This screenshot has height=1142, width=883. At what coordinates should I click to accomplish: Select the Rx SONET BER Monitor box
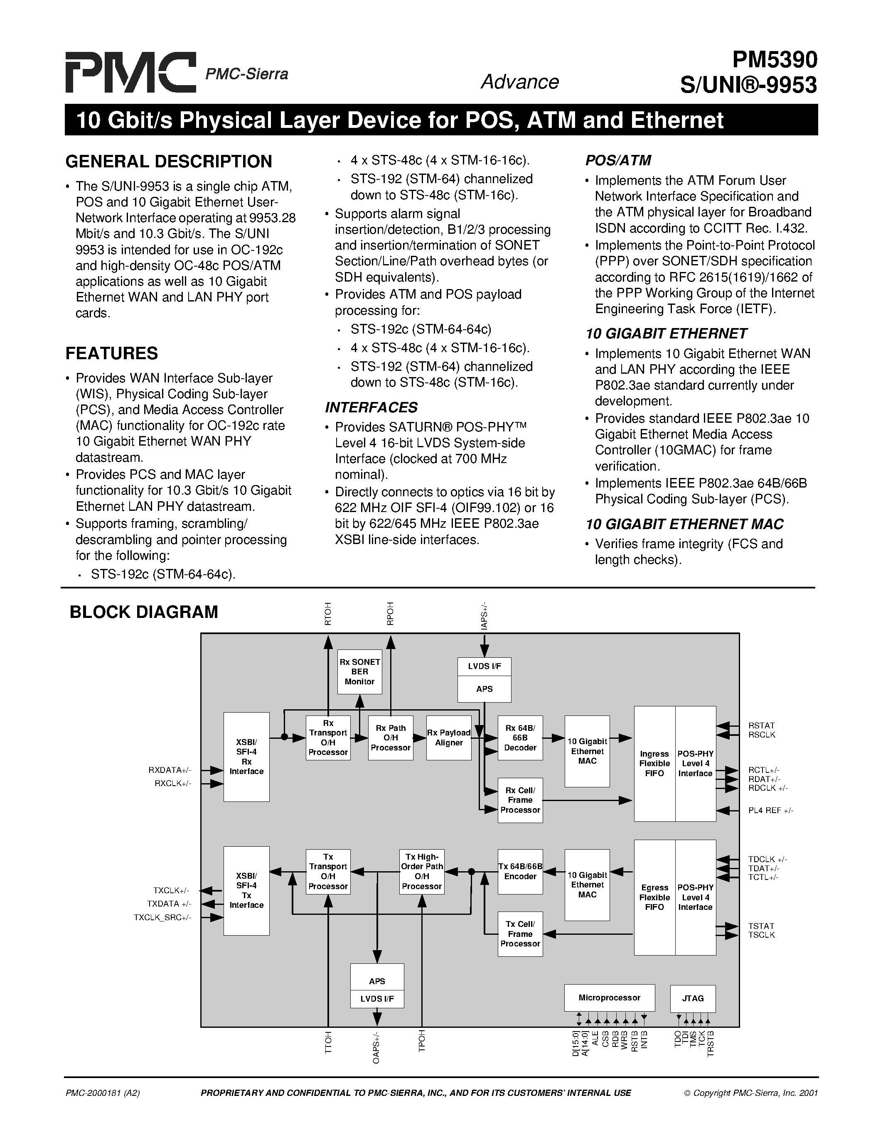359,672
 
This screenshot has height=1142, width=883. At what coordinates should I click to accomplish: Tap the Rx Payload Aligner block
448,738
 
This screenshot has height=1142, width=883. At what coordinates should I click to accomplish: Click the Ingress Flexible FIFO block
654,763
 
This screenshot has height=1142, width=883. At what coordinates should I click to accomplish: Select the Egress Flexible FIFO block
654,897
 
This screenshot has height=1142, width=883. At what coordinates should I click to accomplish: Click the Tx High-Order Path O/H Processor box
422,872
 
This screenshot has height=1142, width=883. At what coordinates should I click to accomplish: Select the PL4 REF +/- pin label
770,811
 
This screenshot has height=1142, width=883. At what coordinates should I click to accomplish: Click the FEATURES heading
111,353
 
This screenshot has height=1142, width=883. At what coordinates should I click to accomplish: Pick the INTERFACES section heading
371,407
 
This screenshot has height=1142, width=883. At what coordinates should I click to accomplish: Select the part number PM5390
774,60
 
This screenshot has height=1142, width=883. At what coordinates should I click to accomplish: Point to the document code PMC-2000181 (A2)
103,1093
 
